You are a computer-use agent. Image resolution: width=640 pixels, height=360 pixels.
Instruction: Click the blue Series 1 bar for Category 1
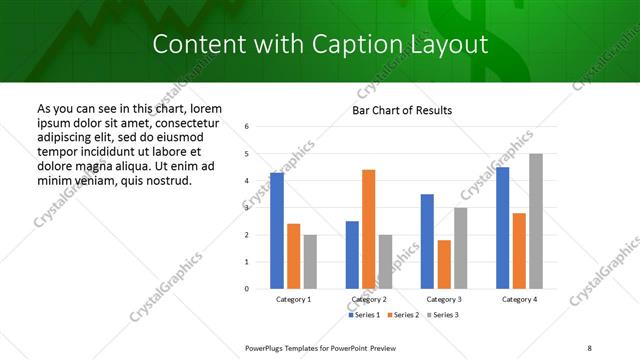pyautogui.click(x=277, y=231)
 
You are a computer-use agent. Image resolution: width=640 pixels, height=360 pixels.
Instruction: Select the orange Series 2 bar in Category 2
pyautogui.click(x=368, y=229)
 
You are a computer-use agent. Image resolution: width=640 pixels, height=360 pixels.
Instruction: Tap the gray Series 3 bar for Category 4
pyautogui.click(x=535, y=221)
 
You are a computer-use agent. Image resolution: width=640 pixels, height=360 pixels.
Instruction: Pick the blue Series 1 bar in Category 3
pyautogui.click(x=427, y=241)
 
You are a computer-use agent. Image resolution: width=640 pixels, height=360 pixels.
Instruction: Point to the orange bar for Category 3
pyautogui.click(x=444, y=264)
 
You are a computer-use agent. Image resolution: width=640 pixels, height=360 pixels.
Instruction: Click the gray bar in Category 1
pyautogui.click(x=310, y=262)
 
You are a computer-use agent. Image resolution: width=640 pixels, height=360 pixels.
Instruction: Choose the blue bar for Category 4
pyautogui.click(x=502, y=228)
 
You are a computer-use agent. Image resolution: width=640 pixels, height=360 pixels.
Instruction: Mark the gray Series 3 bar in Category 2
pyautogui.click(x=385, y=262)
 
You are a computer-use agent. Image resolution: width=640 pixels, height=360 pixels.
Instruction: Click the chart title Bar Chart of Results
pyautogui.click(x=402, y=110)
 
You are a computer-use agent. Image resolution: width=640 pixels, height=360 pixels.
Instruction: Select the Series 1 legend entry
pyautogui.click(x=365, y=315)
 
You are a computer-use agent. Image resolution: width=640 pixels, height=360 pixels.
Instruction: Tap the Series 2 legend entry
pyautogui.click(x=402, y=315)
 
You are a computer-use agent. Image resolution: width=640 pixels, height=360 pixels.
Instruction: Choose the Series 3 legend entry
pyautogui.click(x=441, y=315)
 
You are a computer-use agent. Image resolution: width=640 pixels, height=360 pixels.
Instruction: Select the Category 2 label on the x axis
pyautogui.click(x=369, y=299)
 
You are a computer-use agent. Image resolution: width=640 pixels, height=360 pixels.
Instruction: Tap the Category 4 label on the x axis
pyautogui.click(x=519, y=299)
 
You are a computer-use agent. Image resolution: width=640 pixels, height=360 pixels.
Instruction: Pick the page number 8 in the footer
pyautogui.click(x=589, y=347)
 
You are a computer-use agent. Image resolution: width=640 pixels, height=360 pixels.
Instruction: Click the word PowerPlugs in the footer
pyautogui.click(x=267, y=347)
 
